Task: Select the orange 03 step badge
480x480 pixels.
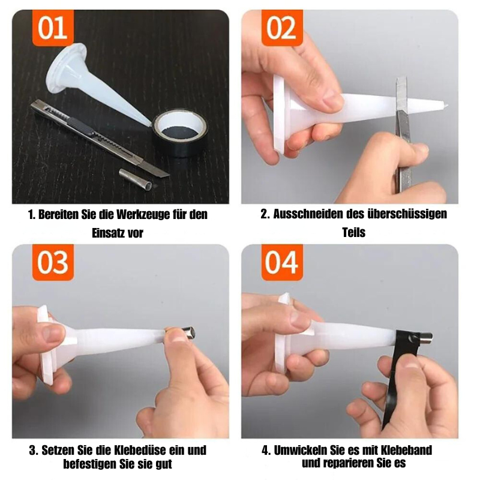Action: (x=53, y=263)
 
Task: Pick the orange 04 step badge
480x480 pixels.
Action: (x=281, y=263)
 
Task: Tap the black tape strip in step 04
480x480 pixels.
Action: (x=397, y=372)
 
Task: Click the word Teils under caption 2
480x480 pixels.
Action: (x=353, y=233)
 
